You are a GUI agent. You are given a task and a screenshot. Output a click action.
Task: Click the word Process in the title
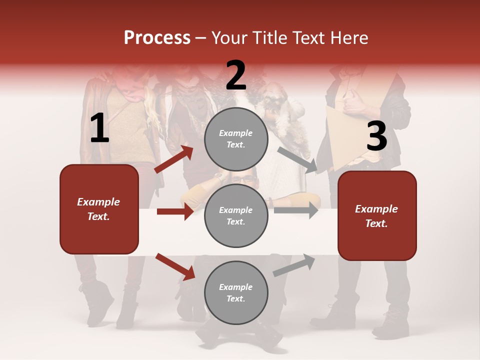click(x=157, y=38)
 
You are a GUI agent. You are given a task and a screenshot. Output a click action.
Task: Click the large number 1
click(x=99, y=128)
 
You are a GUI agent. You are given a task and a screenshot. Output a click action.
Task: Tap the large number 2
click(x=236, y=75)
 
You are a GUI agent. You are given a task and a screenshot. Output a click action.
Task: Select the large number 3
click(x=376, y=136)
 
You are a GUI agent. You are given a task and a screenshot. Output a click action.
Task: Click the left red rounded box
click(x=99, y=209)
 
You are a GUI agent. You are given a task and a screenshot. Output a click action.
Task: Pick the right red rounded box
click(x=377, y=216)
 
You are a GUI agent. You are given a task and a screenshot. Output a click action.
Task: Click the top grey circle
click(x=236, y=139)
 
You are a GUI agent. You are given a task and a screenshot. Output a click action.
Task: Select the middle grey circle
click(x=236, y=215)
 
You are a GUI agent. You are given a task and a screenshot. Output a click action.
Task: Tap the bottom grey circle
click(x=236, y=292)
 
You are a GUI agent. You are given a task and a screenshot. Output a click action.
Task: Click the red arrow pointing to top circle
click(x=173, y=159)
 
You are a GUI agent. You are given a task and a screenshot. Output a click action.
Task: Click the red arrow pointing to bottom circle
click(x=175, y=266)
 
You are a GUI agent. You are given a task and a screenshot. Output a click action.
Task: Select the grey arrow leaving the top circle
click(x=297, y=159)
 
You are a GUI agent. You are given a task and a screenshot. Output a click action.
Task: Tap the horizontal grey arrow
click(x=295, y=210)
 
